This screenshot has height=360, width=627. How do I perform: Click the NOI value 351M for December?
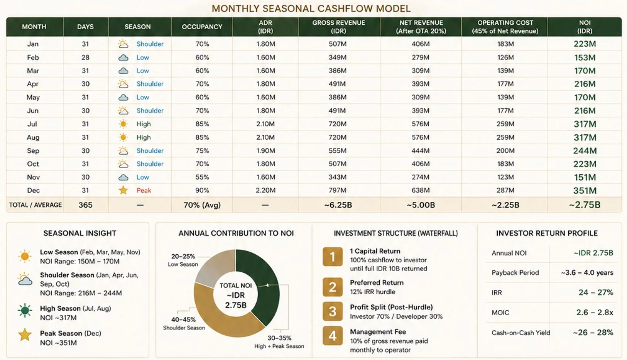coord(585,191)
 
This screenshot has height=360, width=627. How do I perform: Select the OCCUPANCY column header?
coord(202,27)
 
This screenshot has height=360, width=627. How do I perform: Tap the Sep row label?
coord(33,150)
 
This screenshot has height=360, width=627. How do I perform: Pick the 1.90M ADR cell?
coord(265,150)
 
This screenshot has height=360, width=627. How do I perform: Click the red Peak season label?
coord(144,190)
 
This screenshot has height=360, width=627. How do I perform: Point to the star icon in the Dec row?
coord(123,190)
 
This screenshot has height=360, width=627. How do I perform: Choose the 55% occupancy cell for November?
coord(202,177)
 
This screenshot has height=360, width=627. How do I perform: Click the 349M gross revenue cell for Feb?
coord(338,57)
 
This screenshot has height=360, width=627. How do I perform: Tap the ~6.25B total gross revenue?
coord(338,205)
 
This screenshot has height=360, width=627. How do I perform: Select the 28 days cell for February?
coord(85,57)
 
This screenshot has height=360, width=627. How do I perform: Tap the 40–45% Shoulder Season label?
coord(184,323)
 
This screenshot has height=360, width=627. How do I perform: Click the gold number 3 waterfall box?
coord(333,311)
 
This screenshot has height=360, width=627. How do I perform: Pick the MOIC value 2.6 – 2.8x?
coord(595,313)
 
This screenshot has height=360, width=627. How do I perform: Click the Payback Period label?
coord(515,273)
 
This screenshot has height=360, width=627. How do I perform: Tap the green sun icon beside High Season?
coord(25,311)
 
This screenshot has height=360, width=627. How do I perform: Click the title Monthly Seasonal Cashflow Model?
coord(311,8)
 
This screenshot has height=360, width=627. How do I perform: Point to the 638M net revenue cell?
coord(421,190)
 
